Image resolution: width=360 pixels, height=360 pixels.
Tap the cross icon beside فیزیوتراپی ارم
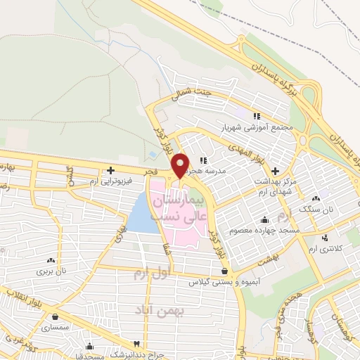click(x=110, y=170)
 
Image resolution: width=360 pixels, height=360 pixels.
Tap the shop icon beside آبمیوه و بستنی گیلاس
click(x=224, y=271)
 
